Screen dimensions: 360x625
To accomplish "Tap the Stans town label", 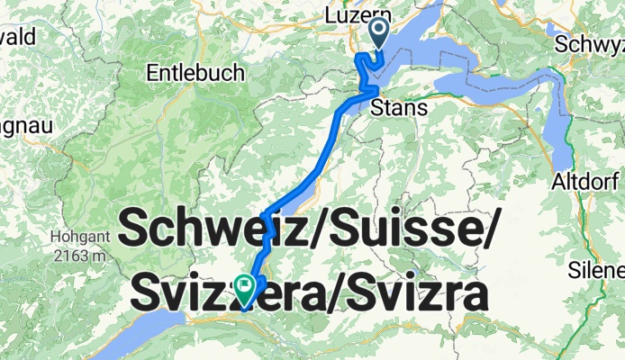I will pos(392,109).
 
